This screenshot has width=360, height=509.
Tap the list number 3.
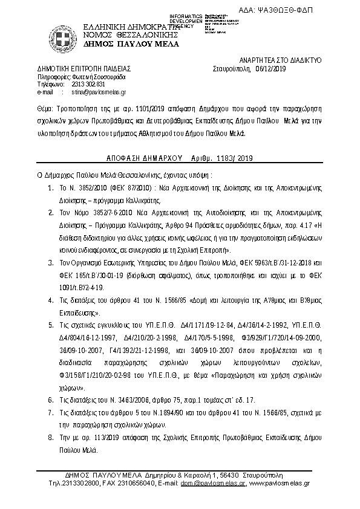click(x=50, y=264)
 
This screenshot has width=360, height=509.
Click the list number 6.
click(x=50, y=400)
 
